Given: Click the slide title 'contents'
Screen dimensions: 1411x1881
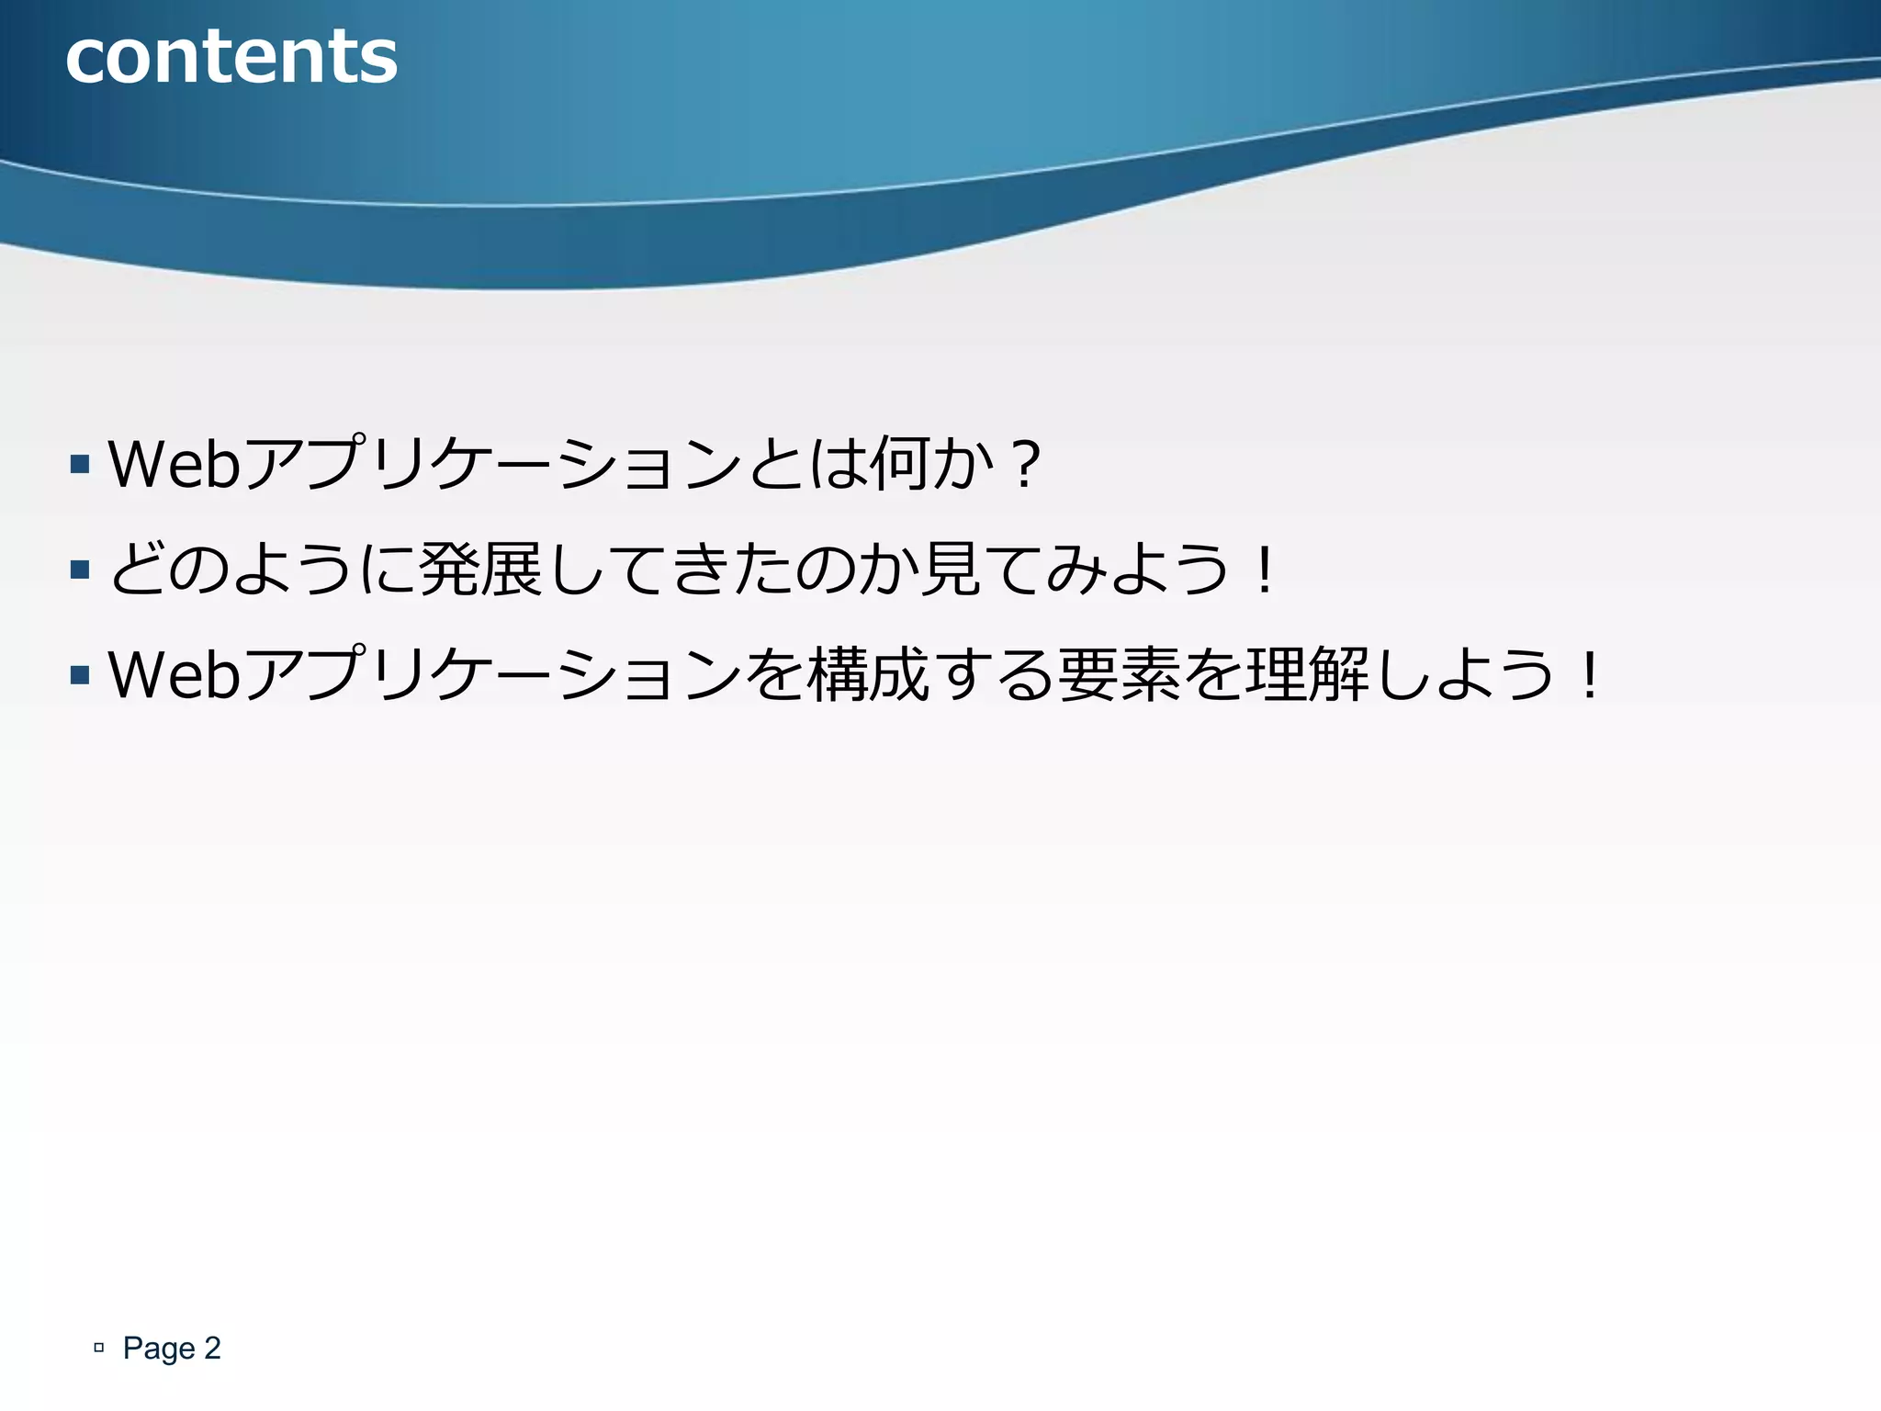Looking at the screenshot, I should [x=231, y=57].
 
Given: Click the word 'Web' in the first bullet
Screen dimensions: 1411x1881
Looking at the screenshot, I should [x=175, y=464].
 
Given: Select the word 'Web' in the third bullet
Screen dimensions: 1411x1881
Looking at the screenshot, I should [x=175, y=675].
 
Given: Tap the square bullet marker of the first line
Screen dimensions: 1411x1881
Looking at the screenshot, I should [x=80, y=464].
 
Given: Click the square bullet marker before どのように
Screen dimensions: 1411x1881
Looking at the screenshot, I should [x=80, y=570].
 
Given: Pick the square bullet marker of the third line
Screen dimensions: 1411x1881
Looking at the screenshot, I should [x=80, y=676].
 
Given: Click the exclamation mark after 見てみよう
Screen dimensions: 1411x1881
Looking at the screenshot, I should [x=1265, y=570].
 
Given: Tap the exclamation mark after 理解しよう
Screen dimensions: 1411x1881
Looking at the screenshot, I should [x=1589, y=676].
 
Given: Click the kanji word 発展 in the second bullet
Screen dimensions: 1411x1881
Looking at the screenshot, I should [x=479, y=570].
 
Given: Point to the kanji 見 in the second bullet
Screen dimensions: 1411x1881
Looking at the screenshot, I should [x=952, y=570].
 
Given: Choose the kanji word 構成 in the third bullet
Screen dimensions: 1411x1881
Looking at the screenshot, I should [x=868, y=676].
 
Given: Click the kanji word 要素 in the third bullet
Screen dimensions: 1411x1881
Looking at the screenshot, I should [x=1119, y=676].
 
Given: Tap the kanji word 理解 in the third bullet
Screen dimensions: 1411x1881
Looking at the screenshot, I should [x=1308, y=676].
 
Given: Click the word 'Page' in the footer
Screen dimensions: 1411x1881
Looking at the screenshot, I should [x=159, y=1349].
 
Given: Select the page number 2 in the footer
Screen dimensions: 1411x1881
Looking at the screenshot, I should [x=212, y=1349].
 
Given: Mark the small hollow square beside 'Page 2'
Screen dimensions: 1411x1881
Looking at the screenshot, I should [x=99, y=1349].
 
